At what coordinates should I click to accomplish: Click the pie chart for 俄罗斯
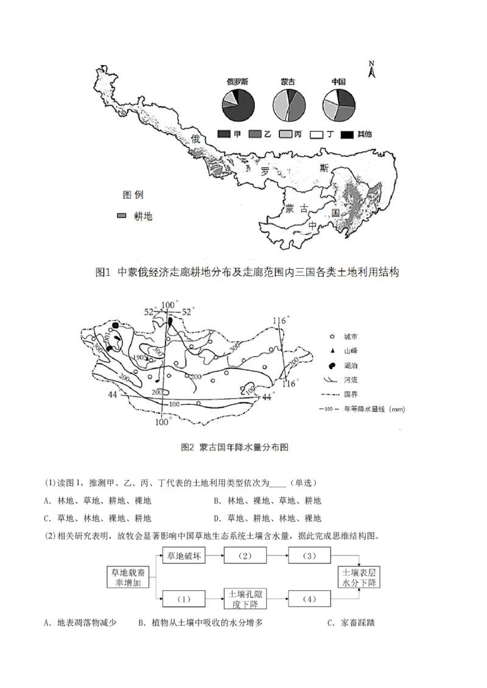tap(238, 105)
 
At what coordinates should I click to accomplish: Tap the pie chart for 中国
tap(338, 105)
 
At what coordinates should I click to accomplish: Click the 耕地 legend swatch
tap(122, 216)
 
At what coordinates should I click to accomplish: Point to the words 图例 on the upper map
tap(133, 195)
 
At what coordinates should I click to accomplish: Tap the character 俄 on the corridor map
tap(196, 139)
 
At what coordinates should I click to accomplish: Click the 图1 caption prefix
tap(102, 272)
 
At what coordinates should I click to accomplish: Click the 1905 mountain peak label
tap(138, 357)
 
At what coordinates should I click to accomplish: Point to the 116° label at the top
tap(280, 320)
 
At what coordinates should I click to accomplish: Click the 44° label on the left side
tap(113, 394)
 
